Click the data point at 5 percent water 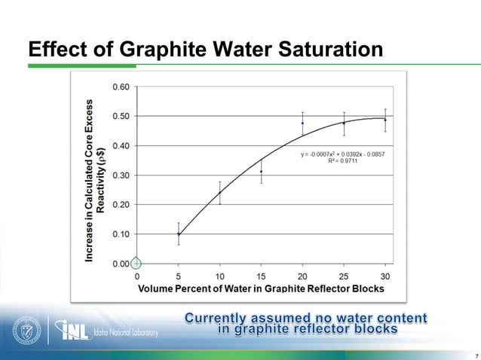[179, 233]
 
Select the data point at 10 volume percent [220, 192]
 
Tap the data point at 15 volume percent [262, 171]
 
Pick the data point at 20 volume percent [303, 123]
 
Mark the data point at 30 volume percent [385, 120]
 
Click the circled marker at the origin [136, 264]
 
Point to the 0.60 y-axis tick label [121, 87]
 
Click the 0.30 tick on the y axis [121, 175]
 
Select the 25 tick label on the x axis [344, 276]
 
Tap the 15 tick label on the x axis [262, 276]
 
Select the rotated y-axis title [96, 181]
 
